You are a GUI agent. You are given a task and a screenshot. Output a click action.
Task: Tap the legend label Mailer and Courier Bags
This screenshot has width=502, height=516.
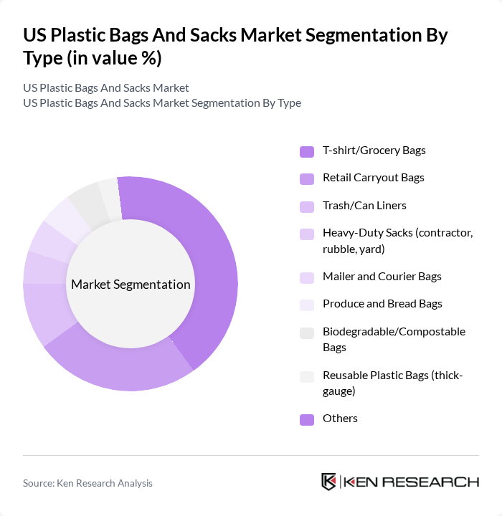pos(382,277)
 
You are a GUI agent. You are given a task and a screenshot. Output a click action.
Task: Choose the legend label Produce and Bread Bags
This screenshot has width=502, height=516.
pos(382,304)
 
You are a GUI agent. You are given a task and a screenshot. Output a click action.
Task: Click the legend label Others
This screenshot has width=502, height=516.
pos(340,419)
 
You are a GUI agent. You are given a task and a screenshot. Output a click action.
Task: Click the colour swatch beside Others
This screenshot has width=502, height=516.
pos(306,419)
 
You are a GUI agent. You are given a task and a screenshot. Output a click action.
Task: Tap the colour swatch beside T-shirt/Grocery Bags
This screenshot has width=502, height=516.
pos(306,151)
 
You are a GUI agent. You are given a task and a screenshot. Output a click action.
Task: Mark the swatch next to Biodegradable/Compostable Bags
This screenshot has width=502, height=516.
pos(306,333)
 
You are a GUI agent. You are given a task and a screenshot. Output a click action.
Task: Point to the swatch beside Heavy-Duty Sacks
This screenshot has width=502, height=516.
pos(306,234)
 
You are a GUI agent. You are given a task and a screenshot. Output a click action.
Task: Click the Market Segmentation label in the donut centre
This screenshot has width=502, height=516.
pos(131,285)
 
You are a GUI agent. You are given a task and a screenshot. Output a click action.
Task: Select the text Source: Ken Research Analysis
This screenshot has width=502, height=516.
pos(87,483)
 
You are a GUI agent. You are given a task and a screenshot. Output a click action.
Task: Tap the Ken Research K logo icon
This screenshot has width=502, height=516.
pos(328,482)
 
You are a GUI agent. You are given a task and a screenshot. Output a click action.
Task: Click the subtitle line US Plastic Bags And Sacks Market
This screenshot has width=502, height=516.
pos(106,88)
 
